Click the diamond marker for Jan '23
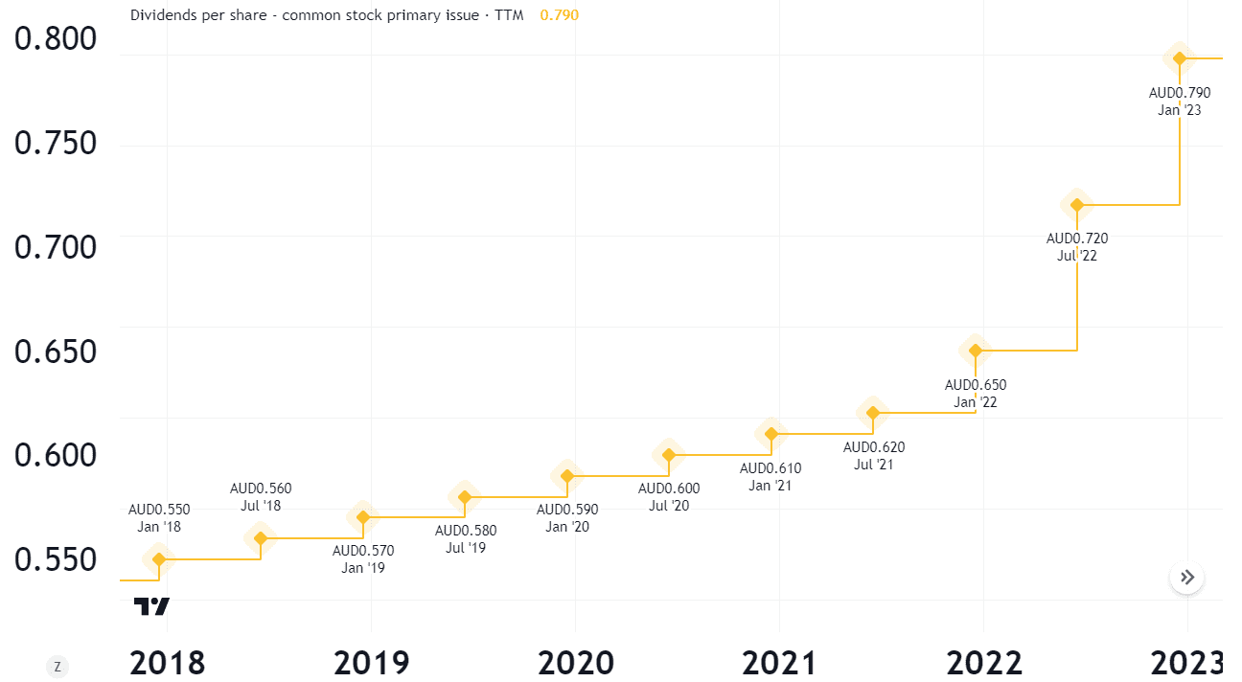1180,58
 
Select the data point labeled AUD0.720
1077,204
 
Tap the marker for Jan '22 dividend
976,350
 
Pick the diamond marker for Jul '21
873,413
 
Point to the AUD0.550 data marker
159,559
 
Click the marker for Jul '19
465,497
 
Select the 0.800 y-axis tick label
56,39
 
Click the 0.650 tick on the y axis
56,352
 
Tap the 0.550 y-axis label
56,559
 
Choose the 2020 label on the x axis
575,662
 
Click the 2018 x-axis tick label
167,662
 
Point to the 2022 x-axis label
983,662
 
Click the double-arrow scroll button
1187,577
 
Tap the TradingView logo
151,606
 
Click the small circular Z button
57,667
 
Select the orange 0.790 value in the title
559,15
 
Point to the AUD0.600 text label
669,489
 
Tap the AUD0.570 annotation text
363,551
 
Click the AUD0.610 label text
770,468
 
